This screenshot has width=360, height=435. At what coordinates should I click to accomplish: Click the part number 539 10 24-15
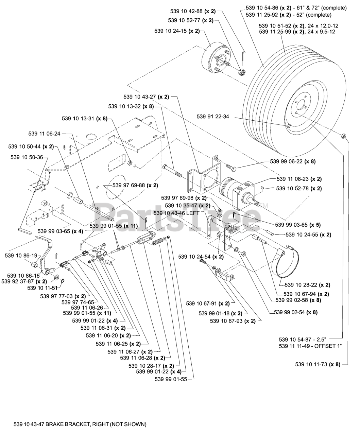(177, 31)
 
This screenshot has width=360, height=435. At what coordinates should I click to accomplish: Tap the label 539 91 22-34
(213, 117)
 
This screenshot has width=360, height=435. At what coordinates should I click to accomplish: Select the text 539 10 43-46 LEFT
(176, 213)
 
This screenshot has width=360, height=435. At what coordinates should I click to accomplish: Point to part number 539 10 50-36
(27, 157)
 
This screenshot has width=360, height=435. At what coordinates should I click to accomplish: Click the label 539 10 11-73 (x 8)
(318, 364)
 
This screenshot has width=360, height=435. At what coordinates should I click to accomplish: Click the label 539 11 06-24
(45, 134)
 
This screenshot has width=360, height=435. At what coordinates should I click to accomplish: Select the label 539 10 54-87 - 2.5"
(303, 340)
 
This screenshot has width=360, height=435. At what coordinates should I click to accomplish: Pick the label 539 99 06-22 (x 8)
(293, 161)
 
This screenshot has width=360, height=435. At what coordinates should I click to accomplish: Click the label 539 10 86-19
(21, 256)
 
